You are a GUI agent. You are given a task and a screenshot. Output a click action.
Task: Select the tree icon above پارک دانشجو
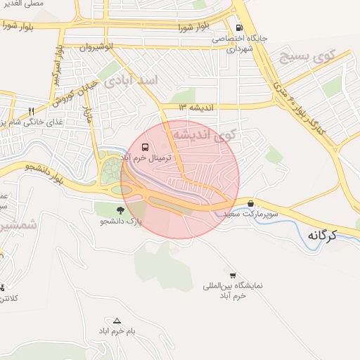[121, 210]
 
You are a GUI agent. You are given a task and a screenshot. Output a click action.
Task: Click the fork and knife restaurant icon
[31, 111]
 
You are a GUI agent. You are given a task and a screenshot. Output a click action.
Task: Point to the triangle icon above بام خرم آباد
[117, 320]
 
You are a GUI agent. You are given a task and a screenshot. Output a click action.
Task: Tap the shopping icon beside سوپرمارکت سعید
[251, 203]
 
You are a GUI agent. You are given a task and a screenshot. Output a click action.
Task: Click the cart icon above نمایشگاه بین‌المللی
[233, 275]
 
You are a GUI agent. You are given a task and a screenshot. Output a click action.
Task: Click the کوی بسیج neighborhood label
[310, 54]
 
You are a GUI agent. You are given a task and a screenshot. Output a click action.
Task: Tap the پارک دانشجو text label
[120, 221]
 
